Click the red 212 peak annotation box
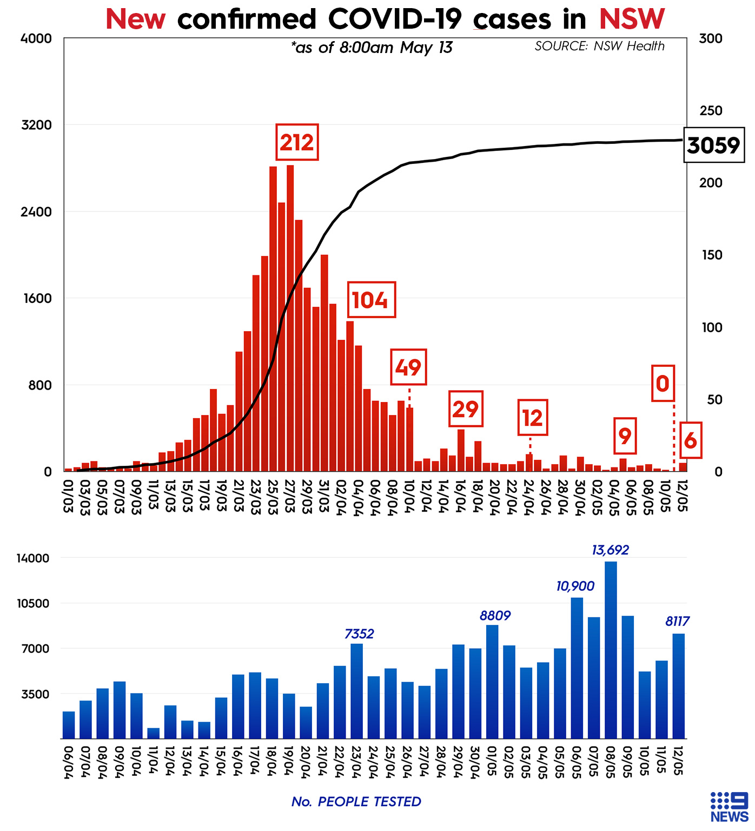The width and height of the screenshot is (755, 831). point(297,142)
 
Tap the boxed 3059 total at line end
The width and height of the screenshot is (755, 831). point(713,146)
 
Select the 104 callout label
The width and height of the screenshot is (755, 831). point(370,300)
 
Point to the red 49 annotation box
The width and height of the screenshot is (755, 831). point(408,367)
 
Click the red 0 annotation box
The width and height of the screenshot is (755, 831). point(663,384)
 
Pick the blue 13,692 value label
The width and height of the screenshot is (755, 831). point(610,550)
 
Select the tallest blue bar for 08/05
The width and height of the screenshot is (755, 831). point(611,649)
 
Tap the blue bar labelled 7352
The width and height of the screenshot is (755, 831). point(356,690)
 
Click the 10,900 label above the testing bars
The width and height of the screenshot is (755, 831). point(575,586)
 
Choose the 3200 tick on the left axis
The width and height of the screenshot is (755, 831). point(36,125)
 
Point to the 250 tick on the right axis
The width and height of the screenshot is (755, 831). point(711,110)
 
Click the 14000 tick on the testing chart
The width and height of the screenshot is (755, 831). point(33,558)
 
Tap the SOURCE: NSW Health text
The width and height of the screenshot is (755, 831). point(599,46)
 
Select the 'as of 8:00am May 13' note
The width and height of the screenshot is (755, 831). point(372,48)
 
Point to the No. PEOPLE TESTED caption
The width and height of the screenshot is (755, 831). point(356,802)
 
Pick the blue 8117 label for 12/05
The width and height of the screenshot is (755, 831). point(677,622)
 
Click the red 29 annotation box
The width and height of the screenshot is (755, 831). point(466,409)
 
